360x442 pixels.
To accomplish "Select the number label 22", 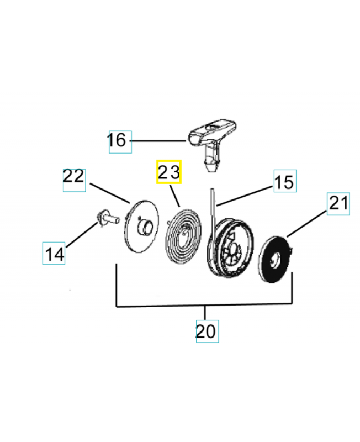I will click(x=73, y=177).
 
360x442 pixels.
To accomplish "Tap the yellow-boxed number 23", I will click(x=169, y=172).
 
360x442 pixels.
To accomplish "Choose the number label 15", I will click(x=284, y=182).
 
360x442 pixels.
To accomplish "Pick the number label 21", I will click(x=338, y=203).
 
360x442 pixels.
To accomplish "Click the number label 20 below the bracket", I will click(x=206, y=331).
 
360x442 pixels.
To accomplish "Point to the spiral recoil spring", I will click(x=183, y=233).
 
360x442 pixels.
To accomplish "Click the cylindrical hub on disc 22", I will click(x=146, y=227).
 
